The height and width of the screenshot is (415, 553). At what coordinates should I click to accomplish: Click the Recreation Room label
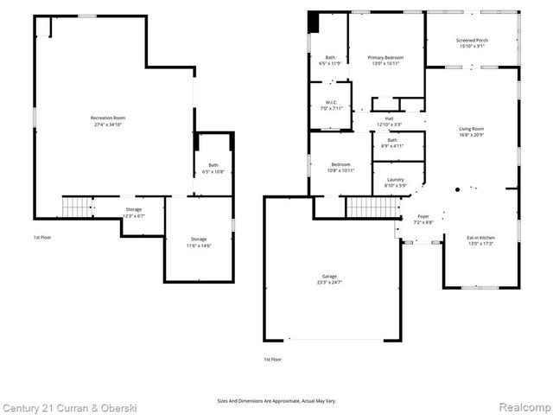point(109,118)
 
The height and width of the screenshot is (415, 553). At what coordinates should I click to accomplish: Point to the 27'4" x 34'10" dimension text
point(109,125)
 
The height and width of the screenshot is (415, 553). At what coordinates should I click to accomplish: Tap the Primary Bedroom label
point(385,57)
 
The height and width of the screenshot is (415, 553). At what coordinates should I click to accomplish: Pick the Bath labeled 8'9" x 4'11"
point(392,140)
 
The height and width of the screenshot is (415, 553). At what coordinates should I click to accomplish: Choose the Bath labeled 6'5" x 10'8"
point(213,166)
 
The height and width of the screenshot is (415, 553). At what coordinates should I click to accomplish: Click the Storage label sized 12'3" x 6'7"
point(134,208)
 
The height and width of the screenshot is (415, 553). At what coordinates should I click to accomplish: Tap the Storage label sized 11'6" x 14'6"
point(200,239)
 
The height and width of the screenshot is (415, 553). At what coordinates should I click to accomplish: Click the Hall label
point(389,118)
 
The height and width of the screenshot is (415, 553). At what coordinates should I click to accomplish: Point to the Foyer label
point(423,216)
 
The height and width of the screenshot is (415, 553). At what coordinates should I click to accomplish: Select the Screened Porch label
point(471,40)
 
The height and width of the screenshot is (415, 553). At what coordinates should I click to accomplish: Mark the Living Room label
point(471,129)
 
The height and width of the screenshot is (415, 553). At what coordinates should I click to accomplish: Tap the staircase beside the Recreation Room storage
point(76,207)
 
